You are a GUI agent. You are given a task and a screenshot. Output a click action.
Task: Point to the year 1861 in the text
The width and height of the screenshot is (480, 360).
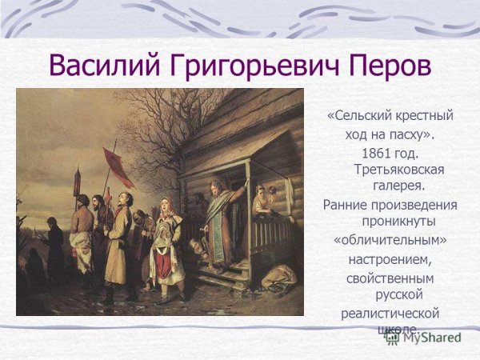377,152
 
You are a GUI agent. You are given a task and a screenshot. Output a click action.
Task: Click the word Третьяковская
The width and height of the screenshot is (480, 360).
398,170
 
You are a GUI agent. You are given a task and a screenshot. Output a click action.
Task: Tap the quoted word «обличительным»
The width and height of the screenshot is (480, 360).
390,240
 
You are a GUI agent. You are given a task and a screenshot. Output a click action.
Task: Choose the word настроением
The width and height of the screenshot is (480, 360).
390,258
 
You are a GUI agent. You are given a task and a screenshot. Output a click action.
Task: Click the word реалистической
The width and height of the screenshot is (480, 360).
390,313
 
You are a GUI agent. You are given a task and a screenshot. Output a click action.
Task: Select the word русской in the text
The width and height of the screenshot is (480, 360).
399,294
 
